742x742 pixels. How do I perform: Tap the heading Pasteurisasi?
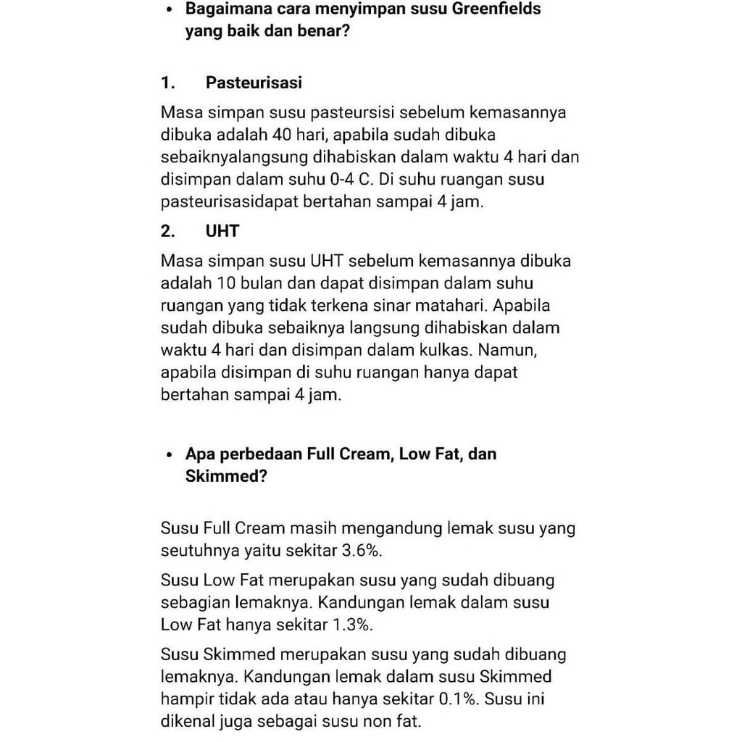pos(254,83)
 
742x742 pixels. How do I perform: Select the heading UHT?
pos(222,231)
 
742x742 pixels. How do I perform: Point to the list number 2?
pos(168,231)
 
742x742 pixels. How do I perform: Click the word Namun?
pos(509,350)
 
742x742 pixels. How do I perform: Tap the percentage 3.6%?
pos(362,551)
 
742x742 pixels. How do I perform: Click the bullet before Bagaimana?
pos(169,11)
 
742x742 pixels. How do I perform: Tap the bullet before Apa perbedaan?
pos(169,456)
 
